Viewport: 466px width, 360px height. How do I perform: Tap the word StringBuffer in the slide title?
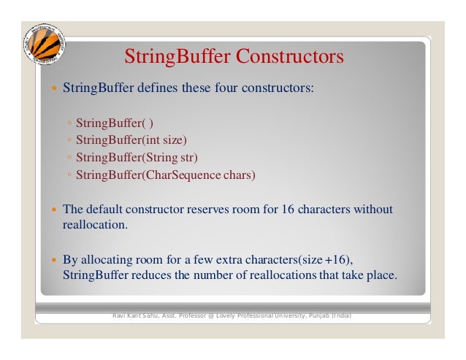click(171, 57)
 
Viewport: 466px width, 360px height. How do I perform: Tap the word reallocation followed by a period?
click(95, 226)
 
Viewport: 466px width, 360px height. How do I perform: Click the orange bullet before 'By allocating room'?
click(52, 259)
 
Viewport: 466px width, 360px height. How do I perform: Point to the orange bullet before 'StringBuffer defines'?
click(52, 89)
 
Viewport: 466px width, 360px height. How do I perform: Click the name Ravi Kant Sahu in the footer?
click(137, 315)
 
